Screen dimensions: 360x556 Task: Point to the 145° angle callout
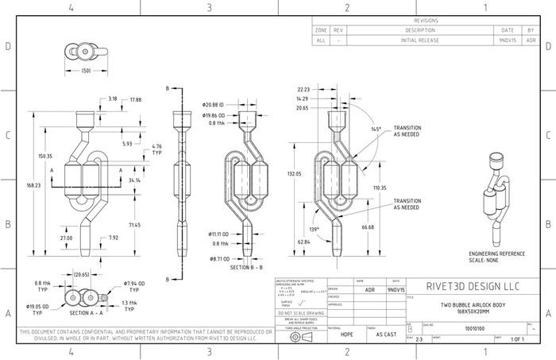click(375, 129)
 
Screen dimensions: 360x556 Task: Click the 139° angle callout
click(314, 230)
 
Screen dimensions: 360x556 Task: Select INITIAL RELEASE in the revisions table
click(420, 39)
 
